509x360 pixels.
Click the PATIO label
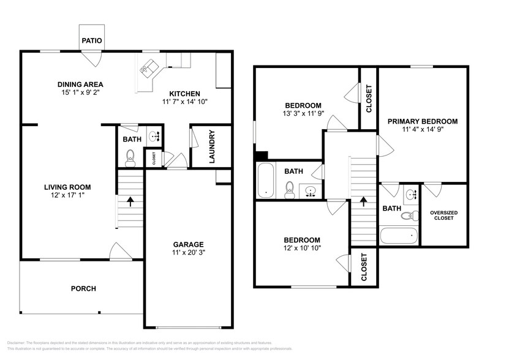coord(92,41)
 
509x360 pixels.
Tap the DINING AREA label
coord(80,84)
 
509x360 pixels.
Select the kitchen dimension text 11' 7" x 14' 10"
coord(185,102)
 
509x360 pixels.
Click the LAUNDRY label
coord(212,146)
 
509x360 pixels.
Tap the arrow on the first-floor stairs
coord(130,200)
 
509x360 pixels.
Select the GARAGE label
coord(188,244)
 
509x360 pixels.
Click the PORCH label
coord(83,288)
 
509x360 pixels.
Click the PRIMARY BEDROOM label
coord(422,121)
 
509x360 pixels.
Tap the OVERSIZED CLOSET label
coord(443,215)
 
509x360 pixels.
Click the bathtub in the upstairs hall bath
coord(266,181)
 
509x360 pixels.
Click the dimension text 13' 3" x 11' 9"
coord(303,113)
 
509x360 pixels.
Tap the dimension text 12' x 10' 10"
coord(302,248)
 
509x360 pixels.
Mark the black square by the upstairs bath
coord(261,157)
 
